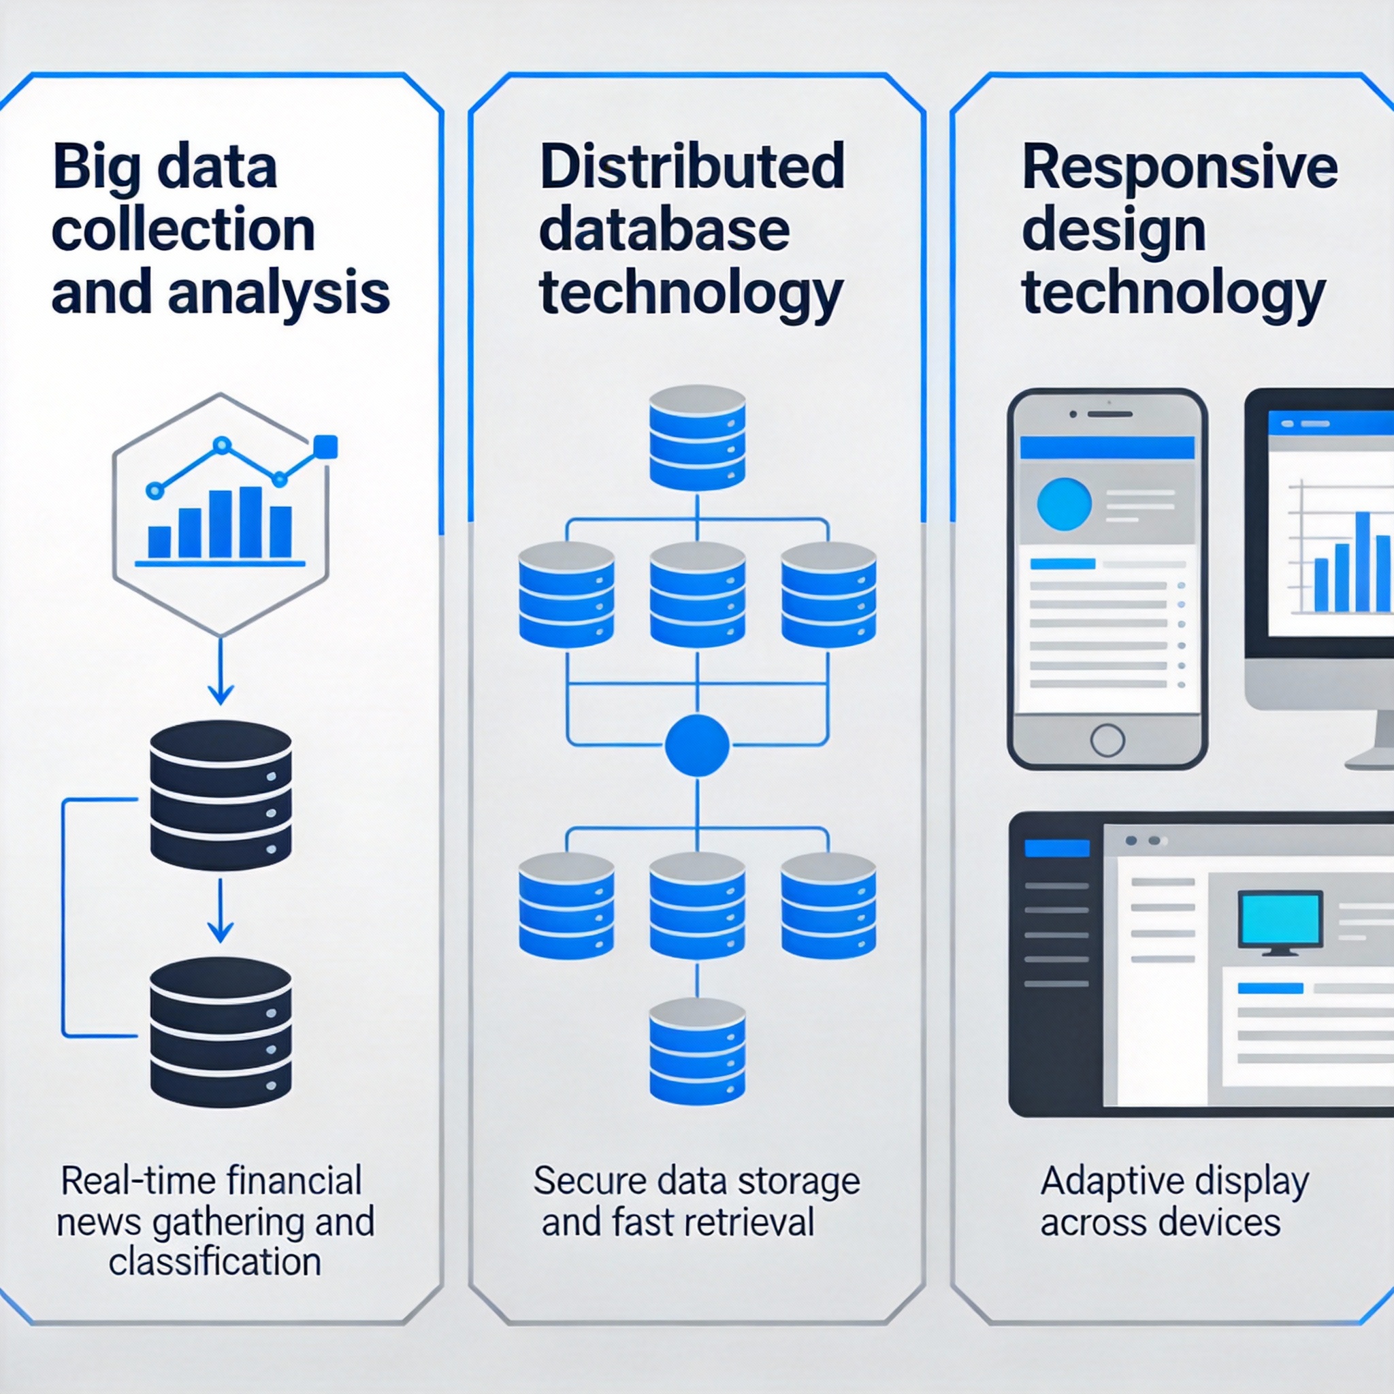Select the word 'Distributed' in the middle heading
[x=692, y=167]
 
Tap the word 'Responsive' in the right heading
[x=1180, y=167]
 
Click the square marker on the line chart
[x=326, y=447]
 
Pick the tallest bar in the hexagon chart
[x=250, y=521]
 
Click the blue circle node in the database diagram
[x=696, y=746]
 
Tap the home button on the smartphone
[x=1107, y=740]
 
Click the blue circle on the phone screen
[x=1064, y=504]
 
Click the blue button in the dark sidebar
[x=1056, y=849]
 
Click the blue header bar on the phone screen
[x=1107, y=447]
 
